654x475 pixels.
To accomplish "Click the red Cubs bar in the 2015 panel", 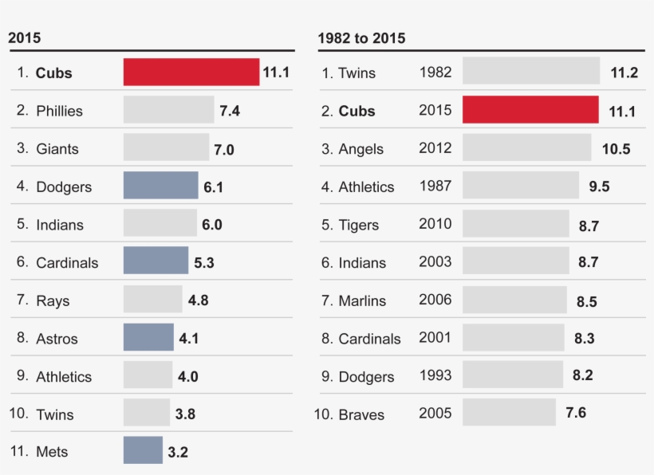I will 191,72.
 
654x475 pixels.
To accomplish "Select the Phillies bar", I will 168,110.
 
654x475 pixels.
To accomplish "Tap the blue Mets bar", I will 143,450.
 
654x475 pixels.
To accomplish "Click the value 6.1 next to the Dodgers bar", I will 213,186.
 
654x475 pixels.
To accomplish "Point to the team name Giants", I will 57,149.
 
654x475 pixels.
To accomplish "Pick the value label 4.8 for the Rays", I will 198,301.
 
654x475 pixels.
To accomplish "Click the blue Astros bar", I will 148,337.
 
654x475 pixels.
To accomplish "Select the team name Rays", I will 53,301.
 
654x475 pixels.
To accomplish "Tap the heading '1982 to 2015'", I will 361,38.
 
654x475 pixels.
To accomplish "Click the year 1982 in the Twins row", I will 435,73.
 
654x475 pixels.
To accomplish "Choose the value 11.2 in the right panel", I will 624,73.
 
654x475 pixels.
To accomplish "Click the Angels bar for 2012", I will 526,147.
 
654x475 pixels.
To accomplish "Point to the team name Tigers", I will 358,226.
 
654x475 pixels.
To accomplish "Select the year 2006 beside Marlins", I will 435,300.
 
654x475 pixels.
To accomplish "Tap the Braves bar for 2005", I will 509,413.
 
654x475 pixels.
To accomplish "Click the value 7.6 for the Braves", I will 576,413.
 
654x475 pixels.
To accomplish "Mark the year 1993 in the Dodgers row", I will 435,375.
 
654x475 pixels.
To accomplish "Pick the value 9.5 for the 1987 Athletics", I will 599,186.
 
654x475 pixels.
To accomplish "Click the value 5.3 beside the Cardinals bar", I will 204,262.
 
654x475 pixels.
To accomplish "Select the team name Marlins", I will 362,301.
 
